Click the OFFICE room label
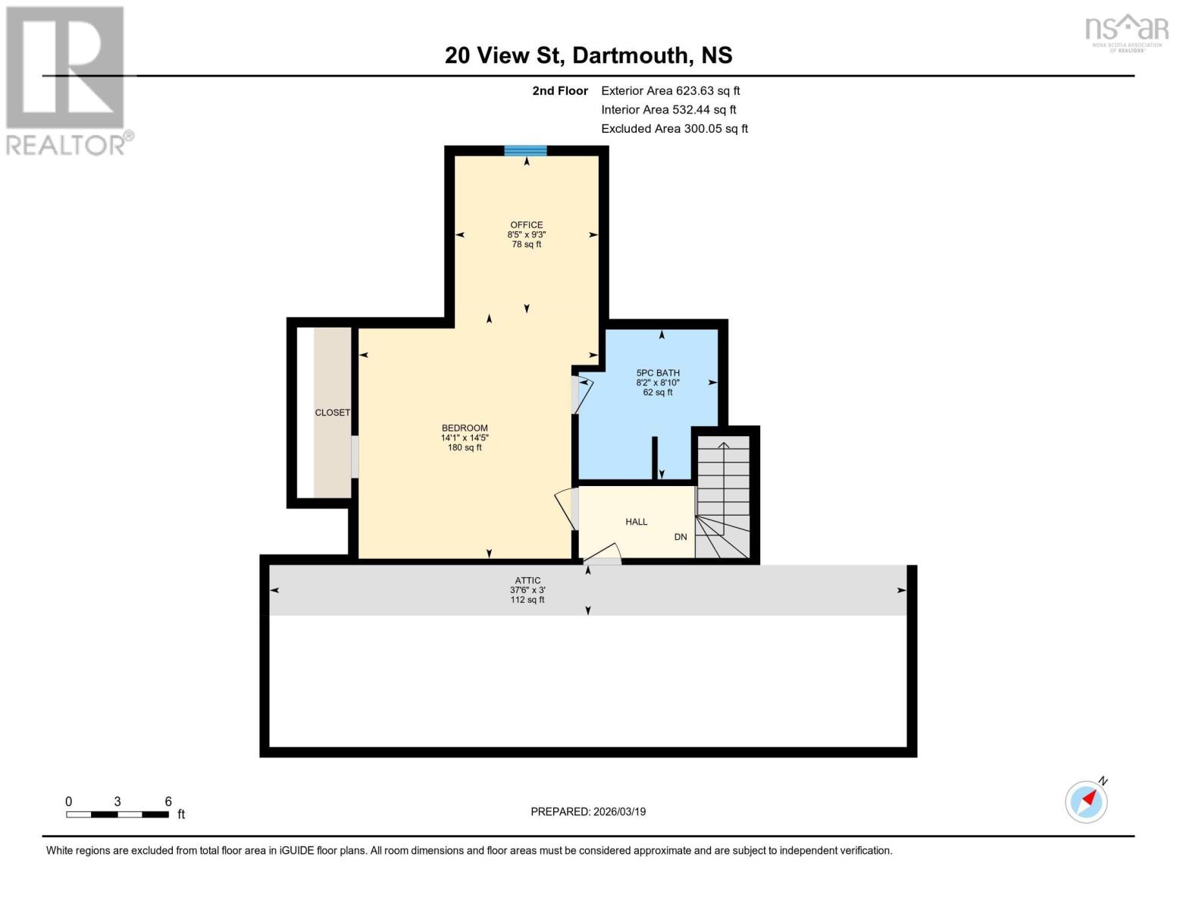pos(526,224)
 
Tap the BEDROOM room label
pos(465,428)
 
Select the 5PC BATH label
pos(657,372)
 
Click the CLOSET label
pos(333,413)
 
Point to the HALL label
pos(636,522)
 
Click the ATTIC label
pos(527,580)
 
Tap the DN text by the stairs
pos(681,537)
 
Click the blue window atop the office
pos(525,150)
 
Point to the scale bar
pos(117,814)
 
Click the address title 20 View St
pos(588,55)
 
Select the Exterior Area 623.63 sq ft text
pos(670,90)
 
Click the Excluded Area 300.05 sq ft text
pos(674,129)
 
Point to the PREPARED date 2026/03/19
pos(588,811)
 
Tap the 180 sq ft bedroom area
pos(465,447)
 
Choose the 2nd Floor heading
pos(560,90)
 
